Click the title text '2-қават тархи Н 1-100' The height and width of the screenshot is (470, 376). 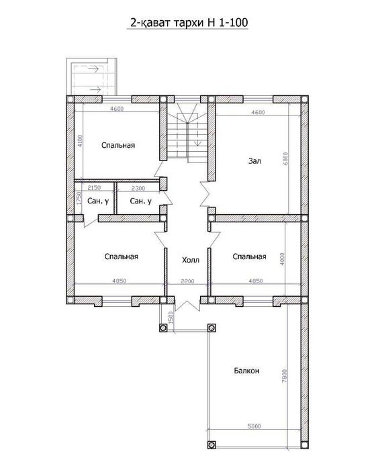(189, 23)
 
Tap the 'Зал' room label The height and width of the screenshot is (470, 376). (254, 161)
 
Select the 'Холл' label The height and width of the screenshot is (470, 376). (191, 260)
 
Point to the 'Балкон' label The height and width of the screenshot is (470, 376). (246, 371)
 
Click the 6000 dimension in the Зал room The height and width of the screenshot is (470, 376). (286, 158)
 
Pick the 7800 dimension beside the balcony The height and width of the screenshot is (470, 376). (285, 375)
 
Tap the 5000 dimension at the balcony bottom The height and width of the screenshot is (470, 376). (254, 426)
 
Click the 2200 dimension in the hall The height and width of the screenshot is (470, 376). (187, 281)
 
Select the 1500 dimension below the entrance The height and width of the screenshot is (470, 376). (171, 318)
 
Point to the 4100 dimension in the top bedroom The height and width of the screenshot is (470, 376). (80, 141)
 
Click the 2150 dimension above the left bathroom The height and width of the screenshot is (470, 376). (94, 188)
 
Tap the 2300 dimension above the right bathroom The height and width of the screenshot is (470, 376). (138, 188)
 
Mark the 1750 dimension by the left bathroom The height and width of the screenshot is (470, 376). (79, 198)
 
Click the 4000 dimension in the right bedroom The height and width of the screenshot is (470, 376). (282, 259)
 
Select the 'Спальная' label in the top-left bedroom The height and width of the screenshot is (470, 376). (118, 146)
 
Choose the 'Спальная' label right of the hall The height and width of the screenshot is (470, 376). (250, 256)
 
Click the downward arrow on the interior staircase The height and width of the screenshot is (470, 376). (197, 134)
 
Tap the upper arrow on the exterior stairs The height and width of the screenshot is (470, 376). (93, 69)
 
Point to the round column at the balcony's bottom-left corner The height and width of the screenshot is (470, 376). (212, 444)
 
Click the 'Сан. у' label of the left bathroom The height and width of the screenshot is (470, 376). (98, 201)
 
